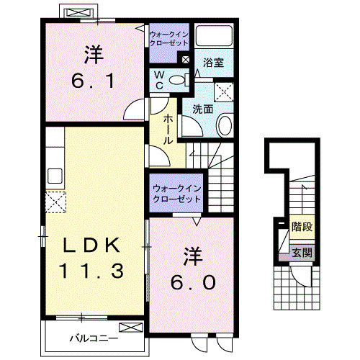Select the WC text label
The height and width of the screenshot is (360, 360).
158,79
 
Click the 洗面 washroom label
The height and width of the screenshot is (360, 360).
202,109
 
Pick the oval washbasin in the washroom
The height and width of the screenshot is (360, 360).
224,125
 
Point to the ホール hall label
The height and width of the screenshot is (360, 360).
167,130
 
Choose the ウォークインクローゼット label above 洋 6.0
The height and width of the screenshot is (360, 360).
176,195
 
